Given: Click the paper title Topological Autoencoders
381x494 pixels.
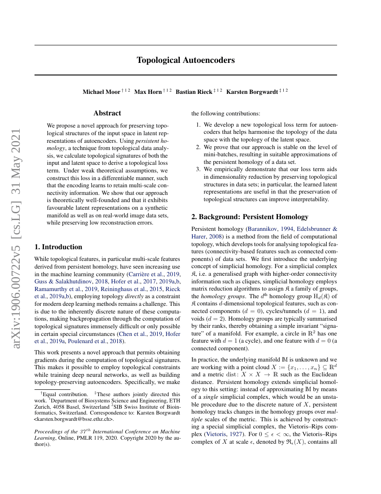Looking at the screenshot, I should [186, 60].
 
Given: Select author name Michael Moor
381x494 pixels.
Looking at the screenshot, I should [101, 92].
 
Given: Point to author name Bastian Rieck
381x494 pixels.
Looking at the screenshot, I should [194, 92].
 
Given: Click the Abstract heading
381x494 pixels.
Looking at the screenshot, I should [107, 114].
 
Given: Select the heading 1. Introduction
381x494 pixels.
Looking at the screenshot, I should [58, 247].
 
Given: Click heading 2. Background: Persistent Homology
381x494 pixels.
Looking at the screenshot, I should [250, 216].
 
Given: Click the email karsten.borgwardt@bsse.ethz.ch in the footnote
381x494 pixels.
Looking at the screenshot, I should [74, 419].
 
